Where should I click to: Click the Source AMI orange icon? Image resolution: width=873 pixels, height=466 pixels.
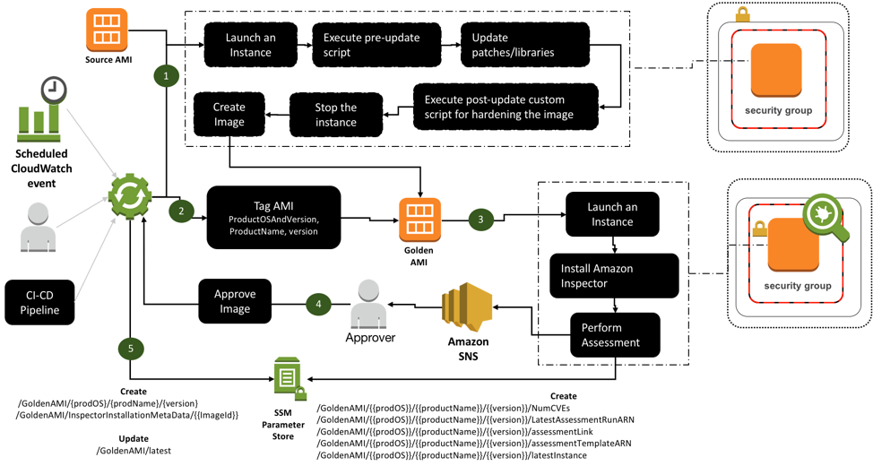[x=107, y=30]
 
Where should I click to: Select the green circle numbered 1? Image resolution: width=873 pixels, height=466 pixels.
[x=166, y=76]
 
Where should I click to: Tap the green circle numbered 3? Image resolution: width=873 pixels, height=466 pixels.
[x=480, y=219]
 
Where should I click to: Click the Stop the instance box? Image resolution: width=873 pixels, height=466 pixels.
[x=335, y=115]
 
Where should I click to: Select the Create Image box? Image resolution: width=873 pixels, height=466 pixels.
[x=229, y=115]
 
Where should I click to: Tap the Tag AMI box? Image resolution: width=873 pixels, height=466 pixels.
[x=273, y=218]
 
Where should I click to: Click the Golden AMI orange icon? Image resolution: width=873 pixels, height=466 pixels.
[x=420, y=219]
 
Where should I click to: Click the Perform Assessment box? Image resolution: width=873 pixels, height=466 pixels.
[x=614, y=334]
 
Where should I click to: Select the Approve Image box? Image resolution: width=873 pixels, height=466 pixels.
[x=236, y=302]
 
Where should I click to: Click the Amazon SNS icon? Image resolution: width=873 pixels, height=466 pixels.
[x=466, y=306]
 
